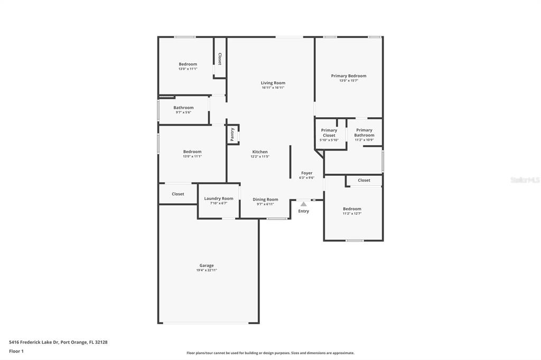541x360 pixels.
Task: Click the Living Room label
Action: [273, 83]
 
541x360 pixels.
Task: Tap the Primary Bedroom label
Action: [349, 76]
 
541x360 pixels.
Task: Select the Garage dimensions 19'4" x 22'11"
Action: [207, 270]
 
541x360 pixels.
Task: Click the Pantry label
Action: [232, 134]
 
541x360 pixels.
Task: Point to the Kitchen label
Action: [260, 151]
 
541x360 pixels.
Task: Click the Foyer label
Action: [307, 173]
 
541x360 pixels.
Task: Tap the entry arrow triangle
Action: [303, 204]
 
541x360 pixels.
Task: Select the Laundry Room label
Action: [218, 198]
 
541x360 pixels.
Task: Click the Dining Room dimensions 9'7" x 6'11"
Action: [265, 204]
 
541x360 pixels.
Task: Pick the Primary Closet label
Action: [329, 133]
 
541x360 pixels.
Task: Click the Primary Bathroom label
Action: [364, 132]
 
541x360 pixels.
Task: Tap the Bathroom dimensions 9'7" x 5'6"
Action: [183, 112]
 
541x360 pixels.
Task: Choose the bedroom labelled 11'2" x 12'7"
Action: [352, 209]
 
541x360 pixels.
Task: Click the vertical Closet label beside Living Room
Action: [219, 59]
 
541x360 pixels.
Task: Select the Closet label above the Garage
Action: [178, 194]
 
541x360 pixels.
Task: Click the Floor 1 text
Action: [16, 352]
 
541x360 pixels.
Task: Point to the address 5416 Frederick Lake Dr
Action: [34, 342]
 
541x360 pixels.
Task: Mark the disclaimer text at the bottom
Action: [270, 353]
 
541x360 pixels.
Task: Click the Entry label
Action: [304, 211]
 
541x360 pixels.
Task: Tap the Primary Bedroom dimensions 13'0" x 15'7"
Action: [349, 81]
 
